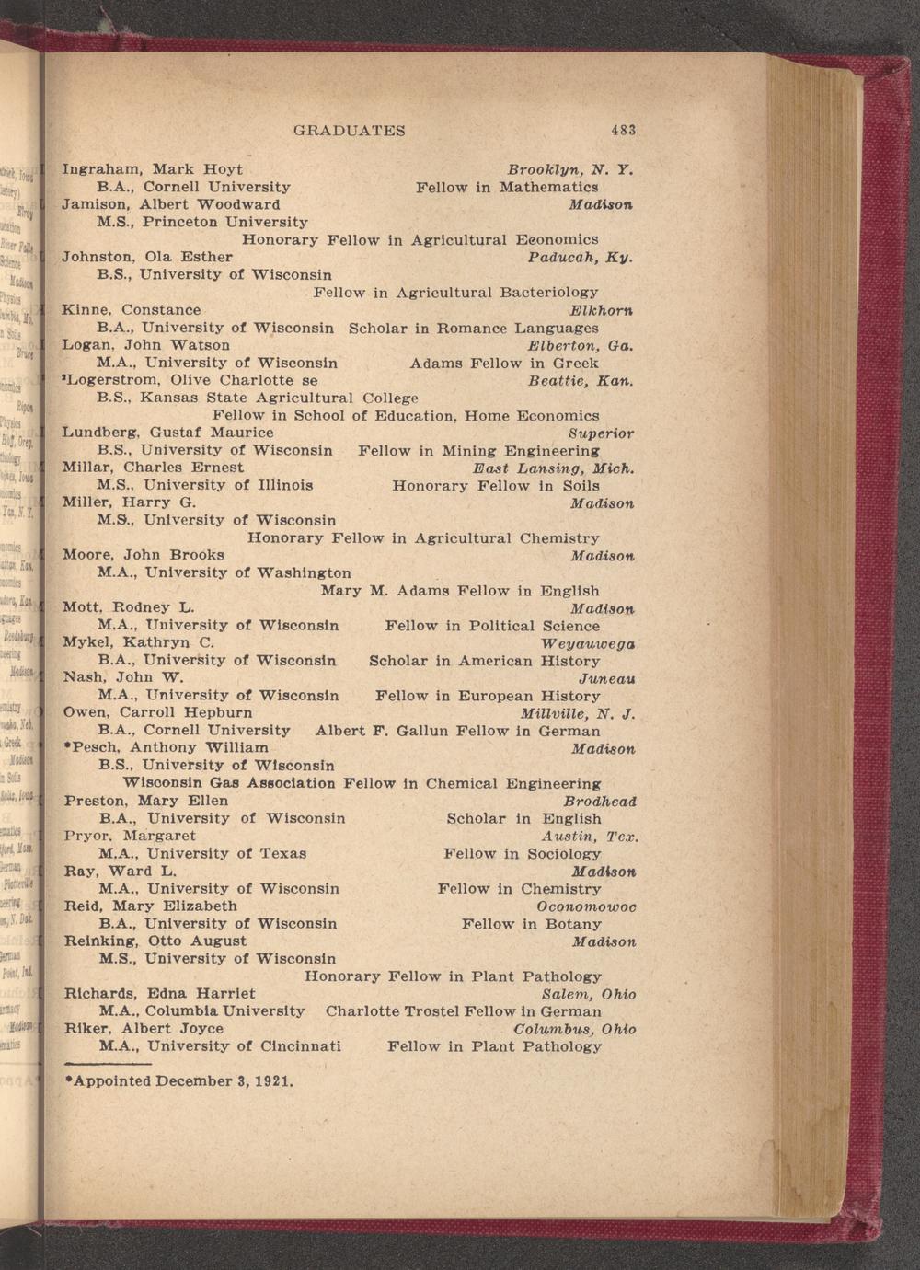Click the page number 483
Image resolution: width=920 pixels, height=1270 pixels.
(x=622, y=131)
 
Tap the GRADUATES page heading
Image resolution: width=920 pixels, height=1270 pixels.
(x=349, y=131)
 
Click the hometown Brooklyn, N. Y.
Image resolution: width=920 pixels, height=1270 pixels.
(x=570, y=169)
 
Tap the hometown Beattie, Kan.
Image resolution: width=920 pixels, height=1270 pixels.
(x=581, y=380)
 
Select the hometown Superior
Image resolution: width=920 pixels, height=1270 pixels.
(x=601, y=433)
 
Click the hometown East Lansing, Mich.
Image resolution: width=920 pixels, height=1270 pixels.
(x=554, y=468)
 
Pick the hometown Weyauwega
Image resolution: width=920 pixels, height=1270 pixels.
(x=588, y=642)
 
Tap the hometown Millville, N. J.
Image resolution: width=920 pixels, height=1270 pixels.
(x=578, y=713)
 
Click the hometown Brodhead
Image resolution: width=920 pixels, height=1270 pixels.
(x=600, y=802)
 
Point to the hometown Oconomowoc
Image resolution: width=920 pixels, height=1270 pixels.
(x=586, y=906)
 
